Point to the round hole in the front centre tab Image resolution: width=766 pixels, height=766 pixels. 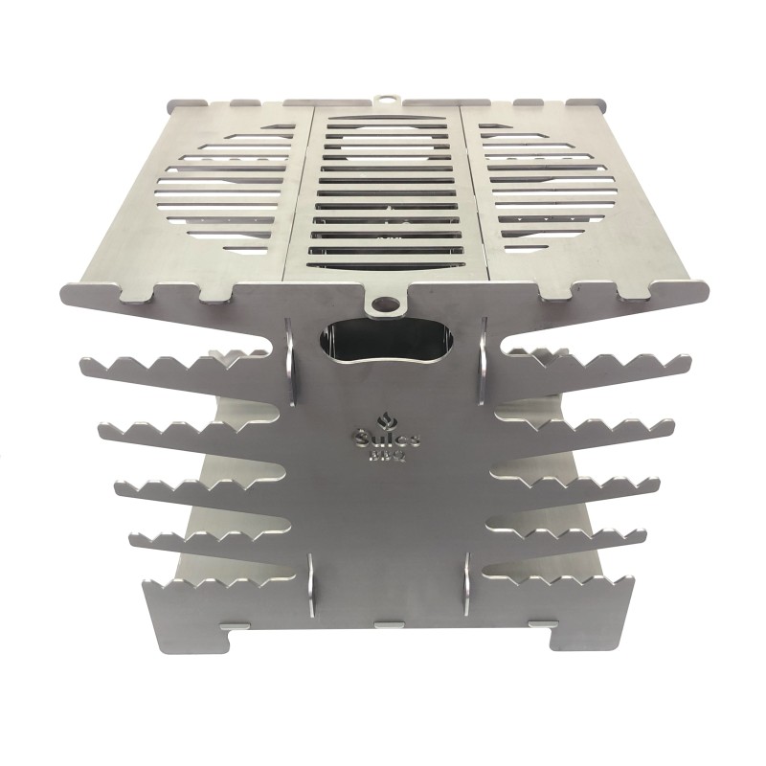(385, 305)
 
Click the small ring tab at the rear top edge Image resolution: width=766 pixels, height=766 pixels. (385, 100)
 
